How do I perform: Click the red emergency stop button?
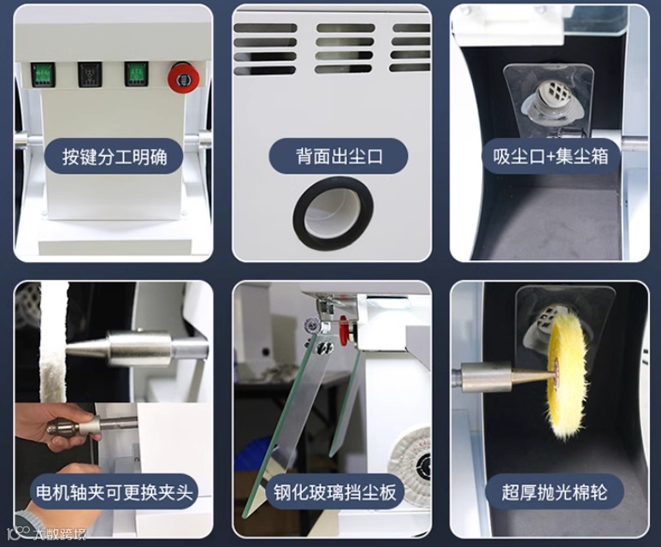(x=184, y=78)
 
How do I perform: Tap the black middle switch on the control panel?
(x=90, y=74)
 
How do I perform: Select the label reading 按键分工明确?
(x=115, y=157)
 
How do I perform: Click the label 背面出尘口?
(x=339, y=156)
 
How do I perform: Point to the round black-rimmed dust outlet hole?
(x=333, y=213)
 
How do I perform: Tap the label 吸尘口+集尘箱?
(x=551, y=156)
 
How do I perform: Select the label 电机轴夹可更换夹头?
(x=115, y=492)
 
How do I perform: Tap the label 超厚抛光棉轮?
(x=554, y=492)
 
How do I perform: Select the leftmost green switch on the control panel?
(x=44, y=74)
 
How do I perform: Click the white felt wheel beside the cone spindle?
(x=53, y=342)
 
